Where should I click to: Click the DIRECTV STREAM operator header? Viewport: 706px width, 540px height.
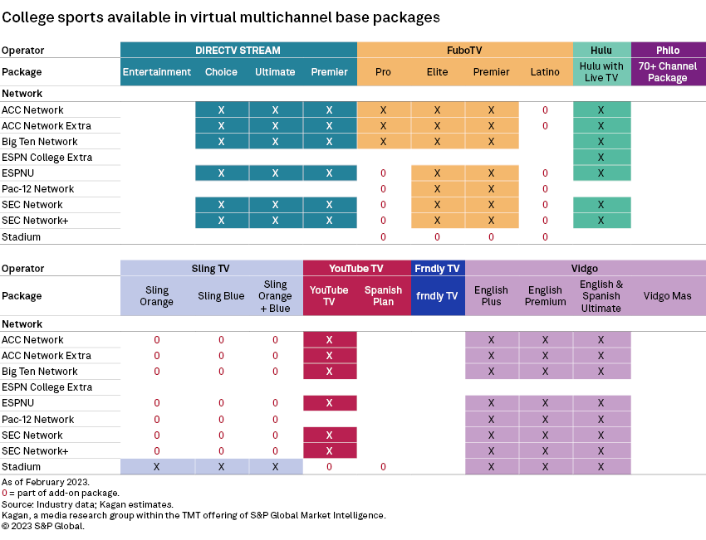(238, 50)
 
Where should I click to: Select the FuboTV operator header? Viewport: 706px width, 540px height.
(464, 50)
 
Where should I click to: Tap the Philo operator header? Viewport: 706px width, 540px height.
(668, 50)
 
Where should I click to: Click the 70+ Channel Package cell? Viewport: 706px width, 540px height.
(668, 72)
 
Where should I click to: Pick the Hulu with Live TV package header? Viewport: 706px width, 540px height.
(601, 72)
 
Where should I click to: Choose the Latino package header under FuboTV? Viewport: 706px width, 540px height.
(545, 72)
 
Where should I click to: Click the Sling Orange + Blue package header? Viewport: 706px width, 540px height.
(275, 296)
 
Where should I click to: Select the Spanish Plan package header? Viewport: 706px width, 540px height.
(383, 296)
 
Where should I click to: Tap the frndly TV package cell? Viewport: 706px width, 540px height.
(438, 296)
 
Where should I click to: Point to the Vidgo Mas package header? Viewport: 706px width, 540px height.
(668, 296)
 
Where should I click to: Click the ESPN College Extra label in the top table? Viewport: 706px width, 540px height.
(47, 158)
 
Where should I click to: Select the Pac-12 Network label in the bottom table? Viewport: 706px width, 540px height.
(37, 420)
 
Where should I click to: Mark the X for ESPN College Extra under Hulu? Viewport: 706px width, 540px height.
(601, 158)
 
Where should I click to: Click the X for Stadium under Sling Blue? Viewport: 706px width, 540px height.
(221, 467)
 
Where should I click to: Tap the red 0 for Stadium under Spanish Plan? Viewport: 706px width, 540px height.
(383, 467)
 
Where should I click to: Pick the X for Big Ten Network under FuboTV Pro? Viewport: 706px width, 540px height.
(383, 142)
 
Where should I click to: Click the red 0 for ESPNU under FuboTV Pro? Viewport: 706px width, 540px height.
(383, 173)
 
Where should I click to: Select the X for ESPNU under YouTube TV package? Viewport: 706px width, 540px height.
(329, 403)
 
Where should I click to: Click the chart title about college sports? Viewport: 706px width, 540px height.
(221, 17)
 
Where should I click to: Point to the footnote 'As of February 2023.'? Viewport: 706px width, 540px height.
(46, 482)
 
